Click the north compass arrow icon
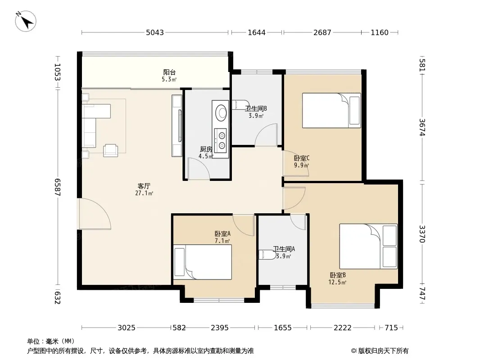[26, 21]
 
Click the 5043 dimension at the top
[155, 32]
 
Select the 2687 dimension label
[322, 32]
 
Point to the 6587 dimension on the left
[57, 187]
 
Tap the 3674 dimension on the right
[422, 127]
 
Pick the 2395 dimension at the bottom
[220, 328]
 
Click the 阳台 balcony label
[169, 72]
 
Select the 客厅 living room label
[144, 186]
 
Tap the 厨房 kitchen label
[206, 149]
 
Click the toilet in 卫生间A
[266, 255]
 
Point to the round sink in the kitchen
[221, 113]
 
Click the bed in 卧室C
[331, 110]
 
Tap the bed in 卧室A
[203, 262]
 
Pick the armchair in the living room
[110, 150]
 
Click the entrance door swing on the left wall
[94, 213]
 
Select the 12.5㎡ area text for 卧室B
[337, 283]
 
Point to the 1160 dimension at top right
[380, 32]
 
